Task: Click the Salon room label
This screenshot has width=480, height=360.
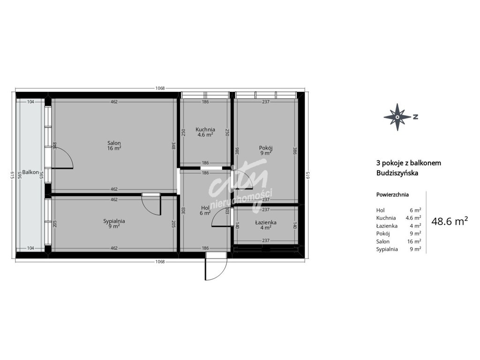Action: (114, 143)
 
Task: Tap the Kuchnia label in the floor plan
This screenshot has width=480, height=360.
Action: (205, 129)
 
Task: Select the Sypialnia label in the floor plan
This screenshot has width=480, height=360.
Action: (114, 221)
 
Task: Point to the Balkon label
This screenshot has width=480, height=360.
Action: (30, 172)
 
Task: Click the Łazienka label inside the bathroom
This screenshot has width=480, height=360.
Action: (266, 223)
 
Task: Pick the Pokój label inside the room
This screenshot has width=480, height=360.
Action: (266, 148)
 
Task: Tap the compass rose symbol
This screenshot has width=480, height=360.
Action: (397, 117)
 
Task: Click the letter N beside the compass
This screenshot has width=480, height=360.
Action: (415, 117)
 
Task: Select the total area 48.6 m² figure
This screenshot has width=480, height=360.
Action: (450, 221)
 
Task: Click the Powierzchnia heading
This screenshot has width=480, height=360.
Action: (392, 195)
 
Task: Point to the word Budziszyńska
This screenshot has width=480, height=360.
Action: (397, 173)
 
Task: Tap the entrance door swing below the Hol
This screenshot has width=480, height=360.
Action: (216, 266)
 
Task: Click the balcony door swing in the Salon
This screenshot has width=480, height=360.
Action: (62, 157)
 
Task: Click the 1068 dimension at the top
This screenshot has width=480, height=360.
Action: (160, 88)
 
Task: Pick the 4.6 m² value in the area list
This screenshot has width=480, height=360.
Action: (413, 218)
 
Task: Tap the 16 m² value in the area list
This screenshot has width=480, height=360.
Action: (414, 241)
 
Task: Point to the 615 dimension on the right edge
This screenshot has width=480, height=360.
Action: (308, 175)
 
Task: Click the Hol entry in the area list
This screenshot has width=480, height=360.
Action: (381, 210)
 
